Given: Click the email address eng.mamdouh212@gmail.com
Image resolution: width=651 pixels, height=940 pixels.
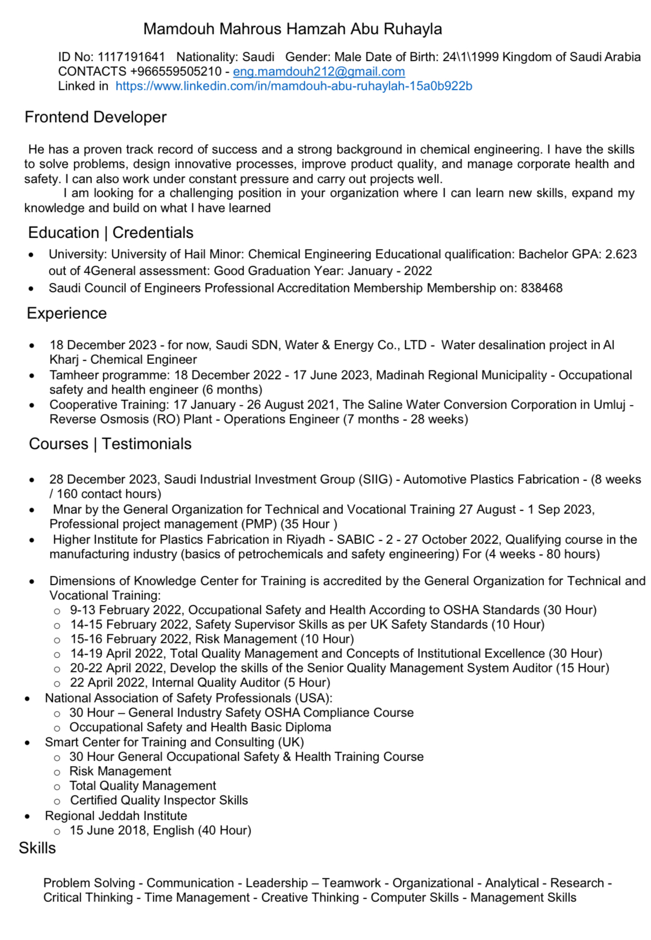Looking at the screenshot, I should point(319,71).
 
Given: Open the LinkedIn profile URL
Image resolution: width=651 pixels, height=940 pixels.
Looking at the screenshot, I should point(294,86).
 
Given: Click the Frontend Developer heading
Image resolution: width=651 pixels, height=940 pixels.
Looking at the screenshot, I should point(96,117).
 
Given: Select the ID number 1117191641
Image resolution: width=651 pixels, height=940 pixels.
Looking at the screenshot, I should point(132,57).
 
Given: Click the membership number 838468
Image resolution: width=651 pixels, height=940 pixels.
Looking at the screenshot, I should point(541,288).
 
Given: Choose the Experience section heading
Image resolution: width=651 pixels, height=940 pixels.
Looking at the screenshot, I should point(67,313).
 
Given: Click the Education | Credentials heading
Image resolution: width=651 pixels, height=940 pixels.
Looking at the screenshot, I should point(111,233).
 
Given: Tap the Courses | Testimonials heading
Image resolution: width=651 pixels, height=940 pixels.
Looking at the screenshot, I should point(110,444).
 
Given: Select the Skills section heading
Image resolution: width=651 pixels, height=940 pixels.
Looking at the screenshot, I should point(38,848).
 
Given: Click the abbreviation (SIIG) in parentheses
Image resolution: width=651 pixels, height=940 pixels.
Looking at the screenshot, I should point(375,479).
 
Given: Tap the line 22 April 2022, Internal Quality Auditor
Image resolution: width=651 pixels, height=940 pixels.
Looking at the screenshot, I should point(200,683).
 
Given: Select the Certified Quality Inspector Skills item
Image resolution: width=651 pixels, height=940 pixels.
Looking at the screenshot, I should point(159,800).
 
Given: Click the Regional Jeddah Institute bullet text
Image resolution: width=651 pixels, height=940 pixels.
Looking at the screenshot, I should point(116,816).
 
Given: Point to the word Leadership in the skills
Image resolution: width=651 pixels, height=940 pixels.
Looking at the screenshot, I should point(277,883).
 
